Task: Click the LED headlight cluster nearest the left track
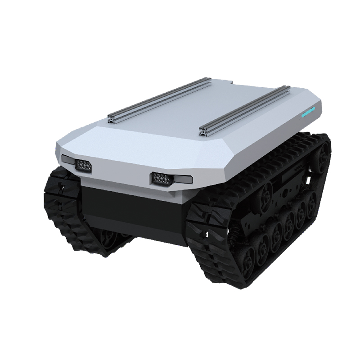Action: coord(83,165)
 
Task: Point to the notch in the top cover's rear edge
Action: coord(229,82)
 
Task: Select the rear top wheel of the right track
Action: coord(321,157)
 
